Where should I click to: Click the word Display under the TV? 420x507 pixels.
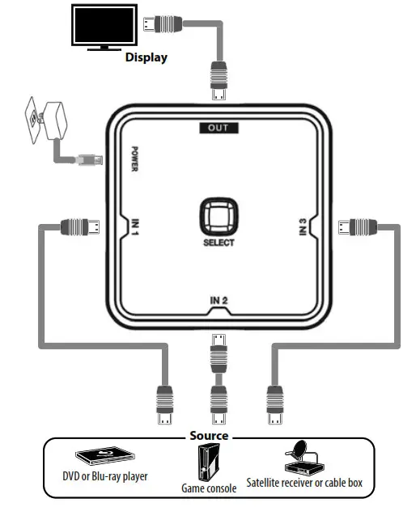(146, 57)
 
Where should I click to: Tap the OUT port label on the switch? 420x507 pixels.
(218, 127)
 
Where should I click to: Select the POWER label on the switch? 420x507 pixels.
(136, 159)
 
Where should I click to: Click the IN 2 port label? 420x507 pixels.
(218, 301)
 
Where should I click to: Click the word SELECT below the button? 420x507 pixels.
(218, 243)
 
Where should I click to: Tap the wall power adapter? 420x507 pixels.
(46, 120)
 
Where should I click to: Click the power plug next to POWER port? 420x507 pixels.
(88, 159)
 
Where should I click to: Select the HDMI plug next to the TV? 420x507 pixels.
(160, 23)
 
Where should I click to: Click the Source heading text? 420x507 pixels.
(209, 436)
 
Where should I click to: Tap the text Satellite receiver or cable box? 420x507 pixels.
(304, 483)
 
